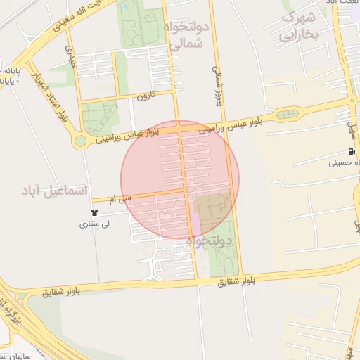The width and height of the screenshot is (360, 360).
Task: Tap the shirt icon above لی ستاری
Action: pyautogui.click(x=95, y=212)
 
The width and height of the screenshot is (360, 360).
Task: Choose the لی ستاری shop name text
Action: pyautogui.click(x=94, y=225)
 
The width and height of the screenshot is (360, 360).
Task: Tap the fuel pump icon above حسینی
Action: pyautogui.click(x=350, y=152)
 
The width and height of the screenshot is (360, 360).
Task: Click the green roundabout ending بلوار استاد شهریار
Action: pyautogui.click(x=80, y=141)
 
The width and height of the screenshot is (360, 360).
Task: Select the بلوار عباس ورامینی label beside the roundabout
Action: pyautogui.click(x=130, y=133)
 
